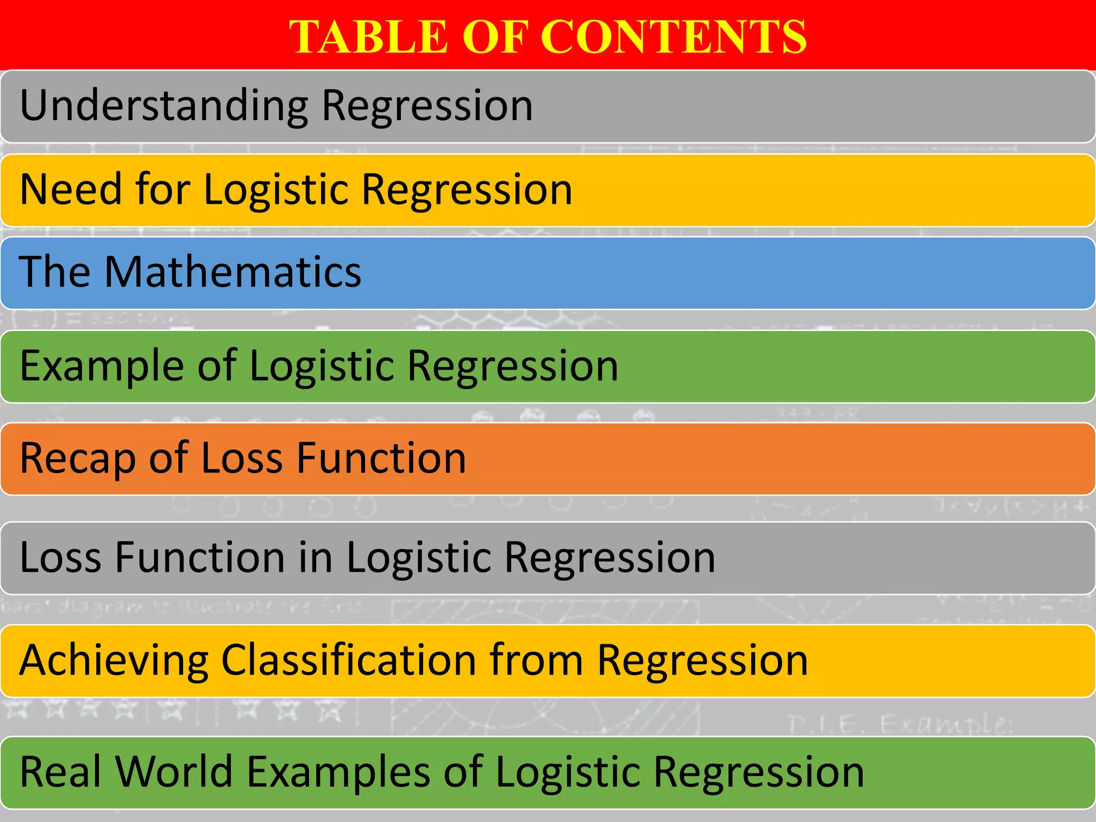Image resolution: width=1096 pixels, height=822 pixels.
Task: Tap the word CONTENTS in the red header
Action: pos(674,36)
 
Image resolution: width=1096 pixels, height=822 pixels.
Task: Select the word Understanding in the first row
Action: pos(164,106)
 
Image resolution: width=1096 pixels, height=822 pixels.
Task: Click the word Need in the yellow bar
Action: pos(69,189)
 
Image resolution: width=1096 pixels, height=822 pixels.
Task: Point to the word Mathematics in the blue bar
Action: pos(233,272)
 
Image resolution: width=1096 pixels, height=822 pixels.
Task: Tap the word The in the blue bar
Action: pos(54,272)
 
